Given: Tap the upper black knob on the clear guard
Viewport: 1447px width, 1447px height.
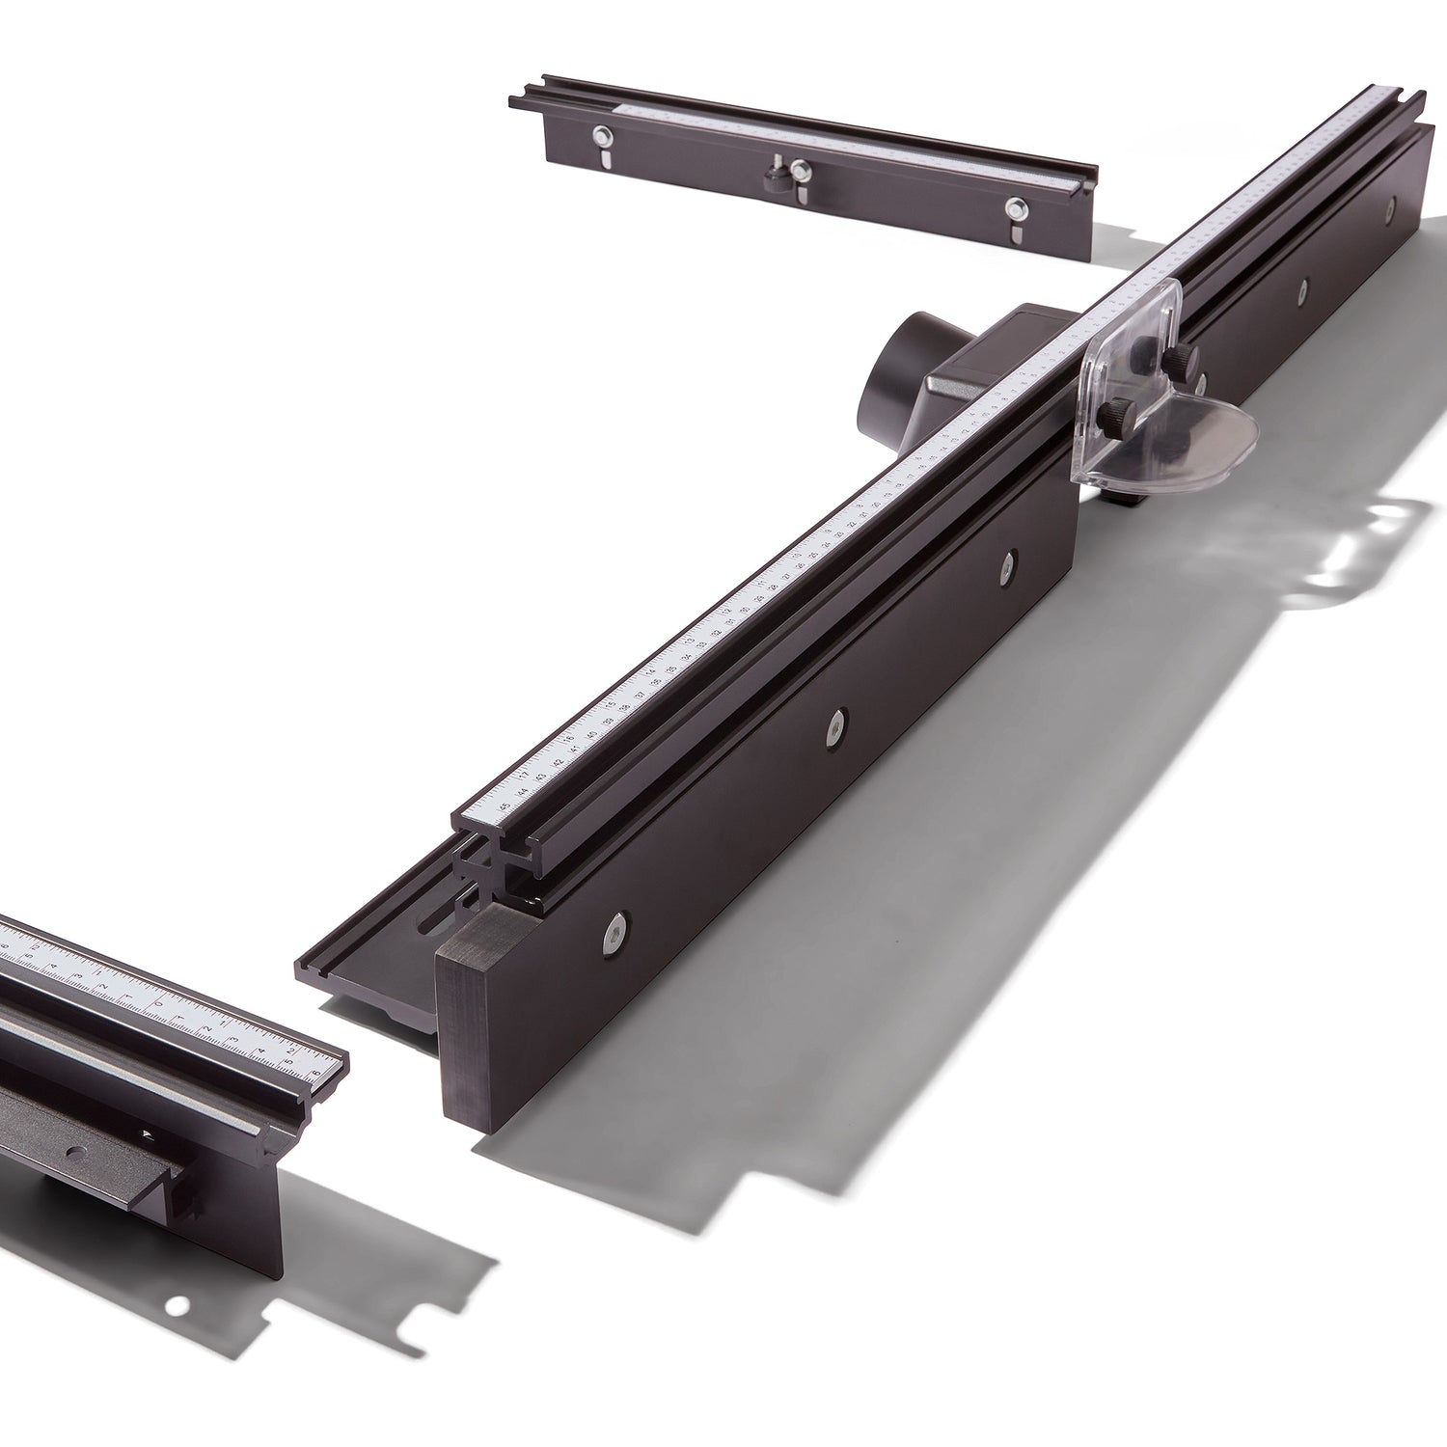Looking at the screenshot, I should tap(1180, 358).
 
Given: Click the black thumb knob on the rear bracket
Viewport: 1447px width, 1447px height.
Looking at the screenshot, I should tap(774, 177).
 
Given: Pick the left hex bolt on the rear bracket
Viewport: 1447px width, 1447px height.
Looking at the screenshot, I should tap(601, 136).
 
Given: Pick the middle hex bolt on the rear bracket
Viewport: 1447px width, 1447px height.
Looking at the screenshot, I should tap(798, 170).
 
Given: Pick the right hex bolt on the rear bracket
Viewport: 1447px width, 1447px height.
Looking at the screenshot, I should tap(1015, 206).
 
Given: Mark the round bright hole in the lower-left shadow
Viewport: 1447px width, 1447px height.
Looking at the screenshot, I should tap(176, 1309).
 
